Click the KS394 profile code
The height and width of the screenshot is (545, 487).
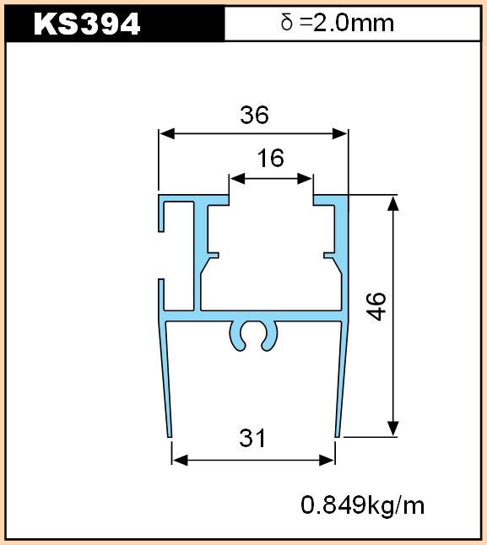tap(87, 24)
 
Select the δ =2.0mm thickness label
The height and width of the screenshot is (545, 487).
tap(337, 23)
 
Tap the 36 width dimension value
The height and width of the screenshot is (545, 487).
tap(254, 115)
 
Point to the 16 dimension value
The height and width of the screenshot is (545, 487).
tap(270, 158)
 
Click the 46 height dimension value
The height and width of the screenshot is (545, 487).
tap(376, 306)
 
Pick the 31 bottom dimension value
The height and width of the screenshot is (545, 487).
tap(252, 438)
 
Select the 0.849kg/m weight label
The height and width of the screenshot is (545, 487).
tap(363, 505)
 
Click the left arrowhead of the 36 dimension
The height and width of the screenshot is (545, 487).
tap(167, 133)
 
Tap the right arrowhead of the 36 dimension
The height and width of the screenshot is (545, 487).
tap(340, 133)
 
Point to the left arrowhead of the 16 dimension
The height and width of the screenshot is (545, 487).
tap(237, 179)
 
